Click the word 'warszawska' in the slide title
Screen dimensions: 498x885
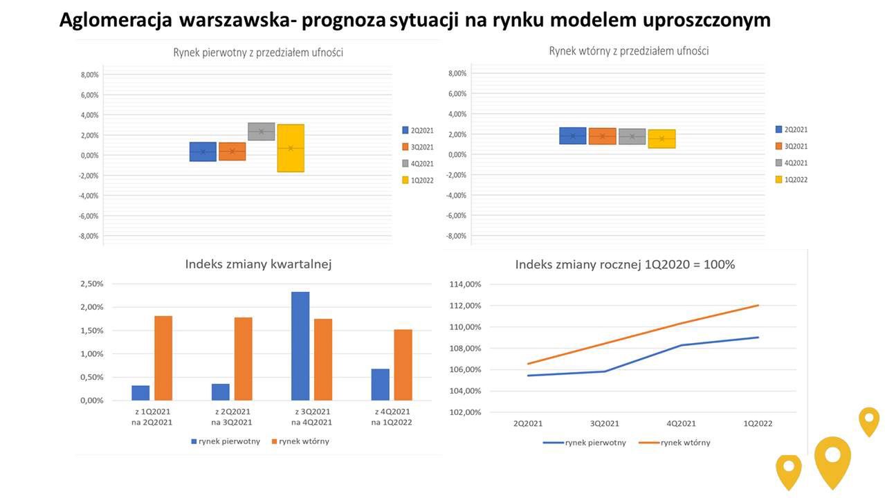[234, 20]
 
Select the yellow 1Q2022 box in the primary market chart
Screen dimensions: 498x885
[291, 148]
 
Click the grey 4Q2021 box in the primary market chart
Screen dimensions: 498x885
[261, 131]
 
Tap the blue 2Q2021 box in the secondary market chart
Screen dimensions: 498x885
[572, 136]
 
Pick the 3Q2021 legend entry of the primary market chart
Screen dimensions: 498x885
[417, 147]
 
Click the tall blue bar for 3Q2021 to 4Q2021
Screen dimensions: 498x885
[300, 346]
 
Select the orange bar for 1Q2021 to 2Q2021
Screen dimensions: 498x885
[163, 358]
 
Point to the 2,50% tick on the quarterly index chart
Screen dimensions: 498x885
[92, 284]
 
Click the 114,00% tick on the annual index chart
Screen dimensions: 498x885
[465, 284]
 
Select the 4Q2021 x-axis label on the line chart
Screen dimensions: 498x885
[682, 423]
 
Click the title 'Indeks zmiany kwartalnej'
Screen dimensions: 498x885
[258, 264]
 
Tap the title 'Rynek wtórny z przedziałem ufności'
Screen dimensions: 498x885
[628, 51]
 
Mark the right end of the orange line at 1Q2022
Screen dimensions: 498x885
[758, 305]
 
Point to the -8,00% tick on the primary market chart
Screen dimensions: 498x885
[90, 236]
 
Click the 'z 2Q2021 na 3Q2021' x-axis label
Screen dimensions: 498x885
[232, 417]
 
